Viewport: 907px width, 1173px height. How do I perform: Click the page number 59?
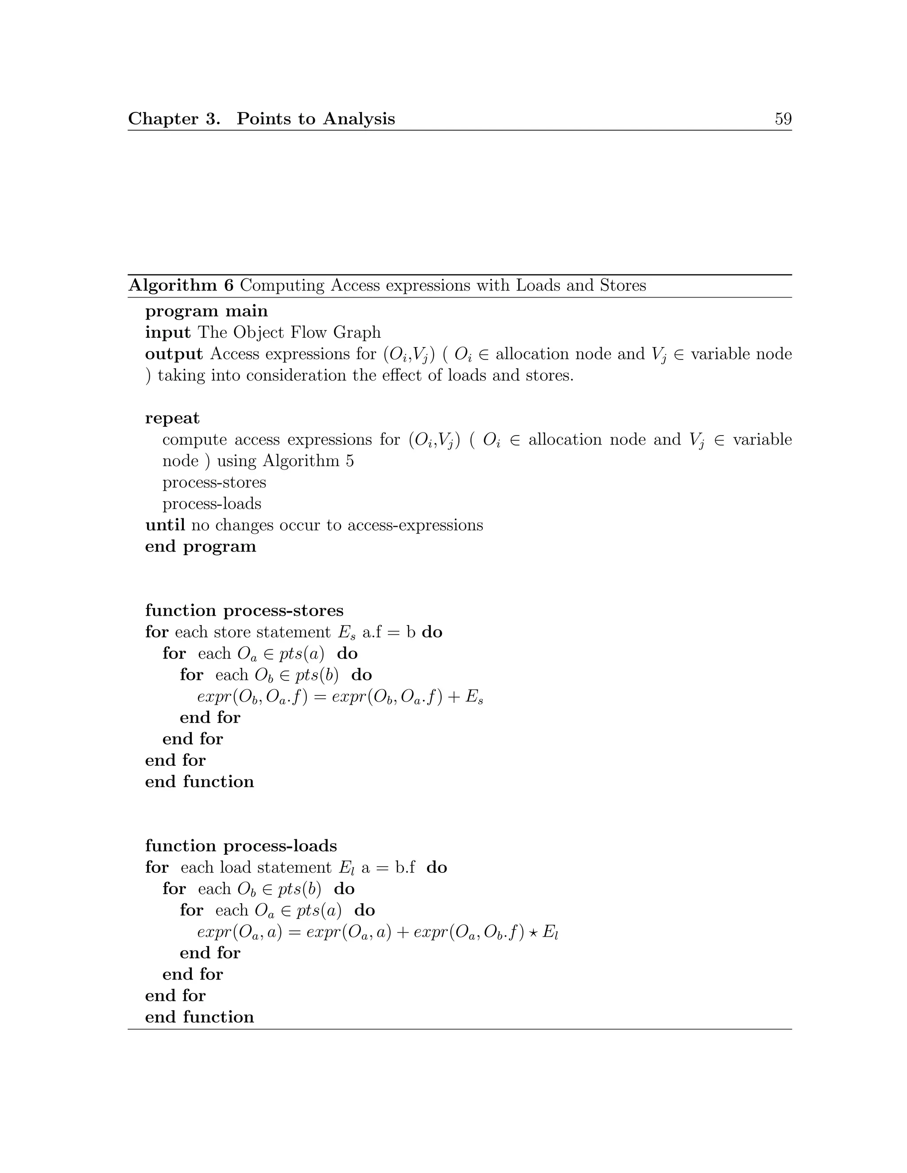(x=783, y=119)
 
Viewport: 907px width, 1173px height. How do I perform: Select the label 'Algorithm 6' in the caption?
(x=181, y=285)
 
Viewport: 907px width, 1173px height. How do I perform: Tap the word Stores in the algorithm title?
(x=623, y=285)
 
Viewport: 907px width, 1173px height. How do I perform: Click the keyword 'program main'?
(x=206, y=311)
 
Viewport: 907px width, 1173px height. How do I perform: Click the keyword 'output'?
(x=174, y=354)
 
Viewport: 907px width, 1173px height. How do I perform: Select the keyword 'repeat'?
(x=172, y=418)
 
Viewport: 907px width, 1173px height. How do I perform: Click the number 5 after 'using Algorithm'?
(x=350, y=461)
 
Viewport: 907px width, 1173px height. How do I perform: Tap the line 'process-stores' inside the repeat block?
(x=214, y=482)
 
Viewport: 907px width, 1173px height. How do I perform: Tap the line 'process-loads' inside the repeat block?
(x=212, y=504)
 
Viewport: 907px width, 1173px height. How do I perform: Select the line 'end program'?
(x=201, y=546)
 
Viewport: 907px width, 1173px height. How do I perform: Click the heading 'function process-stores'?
(x=244, y=611)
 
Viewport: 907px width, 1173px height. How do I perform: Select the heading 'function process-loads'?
(x=241, y=846)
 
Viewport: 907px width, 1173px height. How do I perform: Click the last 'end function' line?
(x=199, y=1017)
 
